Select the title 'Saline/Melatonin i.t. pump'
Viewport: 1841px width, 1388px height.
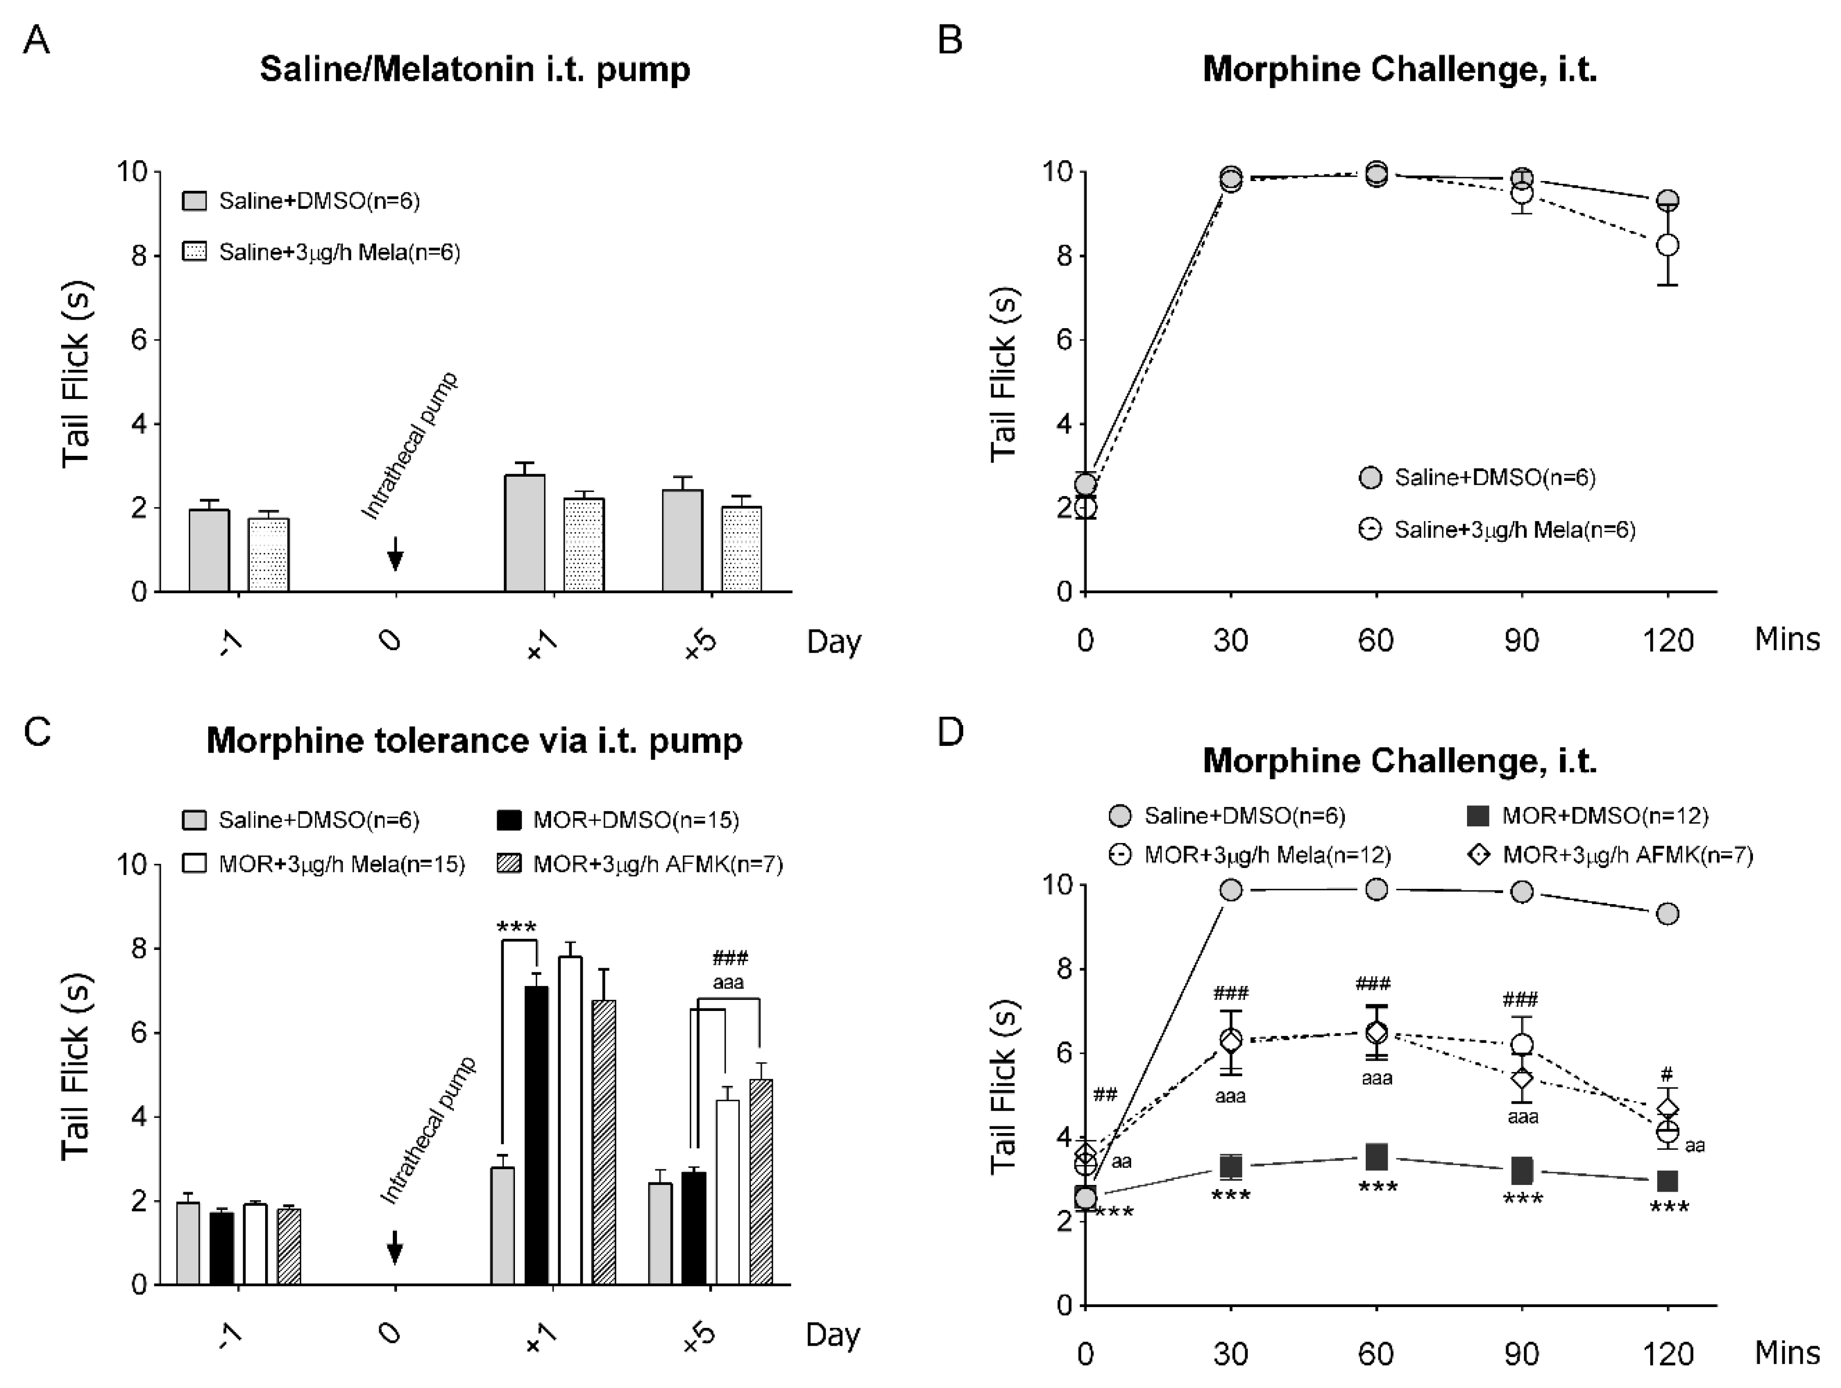[x=474, y=69]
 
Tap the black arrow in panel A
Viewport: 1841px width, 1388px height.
[x=395, y=554]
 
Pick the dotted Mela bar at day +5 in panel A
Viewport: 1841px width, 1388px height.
[x=741, y=549]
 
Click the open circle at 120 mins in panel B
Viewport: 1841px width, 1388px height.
[x=1667, y=245]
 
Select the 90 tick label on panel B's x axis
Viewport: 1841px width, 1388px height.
[x=1521, y=640]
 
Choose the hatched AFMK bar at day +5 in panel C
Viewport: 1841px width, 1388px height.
[x=761, y=1181]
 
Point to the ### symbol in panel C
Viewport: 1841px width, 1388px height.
[x=730, y=958]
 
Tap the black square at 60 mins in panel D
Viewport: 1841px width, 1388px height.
[x=1376, y=1156]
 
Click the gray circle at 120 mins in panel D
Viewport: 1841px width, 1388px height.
[x=1667, y=914]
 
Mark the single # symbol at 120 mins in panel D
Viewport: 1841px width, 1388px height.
[x=1667, y=1074]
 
